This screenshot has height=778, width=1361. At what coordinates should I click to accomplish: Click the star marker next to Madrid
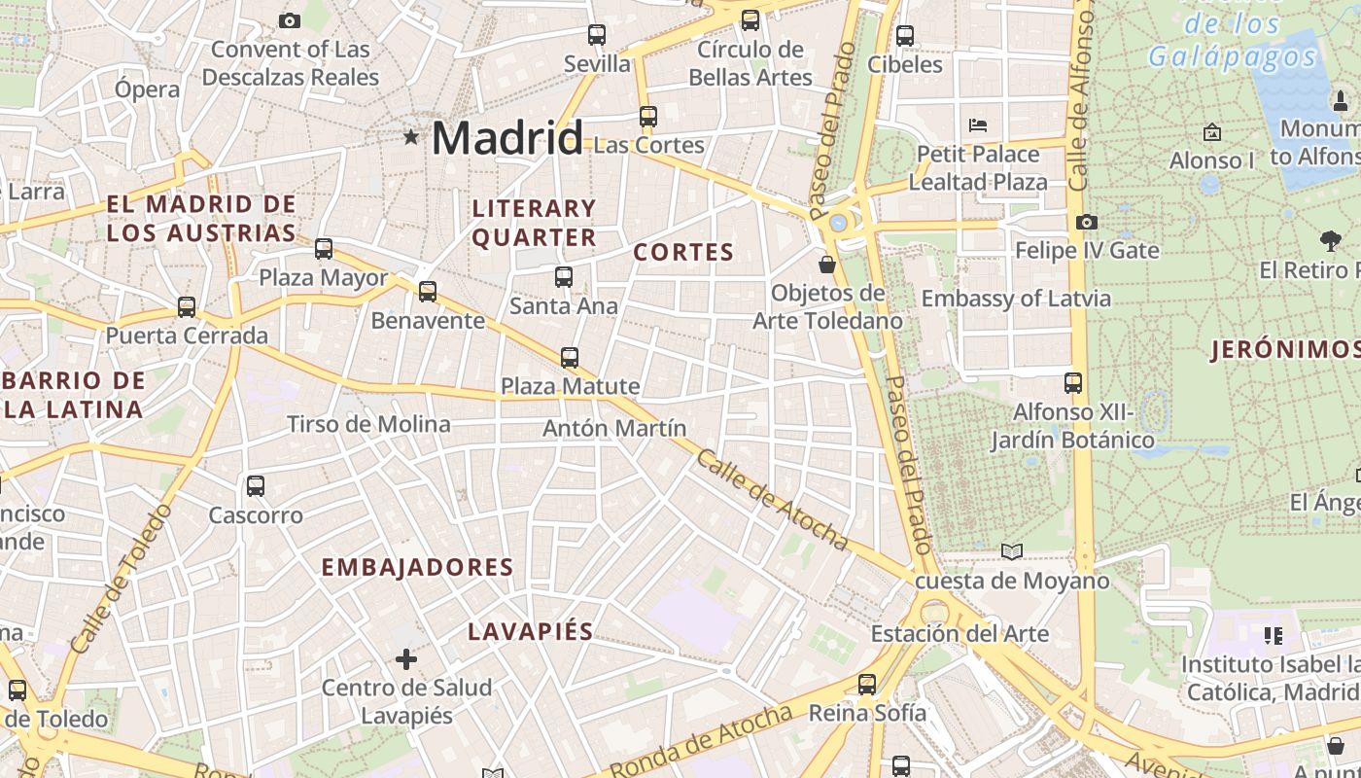tap(411, 137)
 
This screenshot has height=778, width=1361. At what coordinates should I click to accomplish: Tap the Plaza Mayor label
tap(323, 278)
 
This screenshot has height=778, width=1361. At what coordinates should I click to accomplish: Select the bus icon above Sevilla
tap(597, 35)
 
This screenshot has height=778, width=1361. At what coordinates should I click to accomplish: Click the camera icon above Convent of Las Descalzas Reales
tap(289, 20)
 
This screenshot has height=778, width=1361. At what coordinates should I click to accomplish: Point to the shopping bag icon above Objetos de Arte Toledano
tap(827, 264)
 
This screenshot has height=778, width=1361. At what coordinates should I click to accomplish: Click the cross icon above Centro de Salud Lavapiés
tap(406, 659)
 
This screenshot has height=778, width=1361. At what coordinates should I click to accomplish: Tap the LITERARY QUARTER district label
tap(534, 223)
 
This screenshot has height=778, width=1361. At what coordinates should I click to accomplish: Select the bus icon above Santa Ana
tap(564, 277)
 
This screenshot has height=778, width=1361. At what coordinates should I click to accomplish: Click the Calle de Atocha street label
tap(772, 501)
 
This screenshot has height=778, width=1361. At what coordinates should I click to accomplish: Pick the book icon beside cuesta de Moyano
tap(1012, 552)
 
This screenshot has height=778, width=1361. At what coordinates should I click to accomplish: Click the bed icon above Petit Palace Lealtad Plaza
tap(978, 125)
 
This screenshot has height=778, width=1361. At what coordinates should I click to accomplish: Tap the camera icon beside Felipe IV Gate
tap(1087, 223)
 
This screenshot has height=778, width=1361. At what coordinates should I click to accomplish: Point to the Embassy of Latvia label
tap(1016, 299)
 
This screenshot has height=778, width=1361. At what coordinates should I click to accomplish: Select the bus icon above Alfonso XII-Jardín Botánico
tap(1073, 383)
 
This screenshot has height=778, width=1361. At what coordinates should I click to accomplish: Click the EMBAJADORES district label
tap(417, 568)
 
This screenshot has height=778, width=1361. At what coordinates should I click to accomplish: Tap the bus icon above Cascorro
tap(256, 486)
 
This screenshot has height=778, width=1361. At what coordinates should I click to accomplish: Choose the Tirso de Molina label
tap(368, 424)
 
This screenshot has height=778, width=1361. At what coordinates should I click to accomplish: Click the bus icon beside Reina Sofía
tap(867, 685)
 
